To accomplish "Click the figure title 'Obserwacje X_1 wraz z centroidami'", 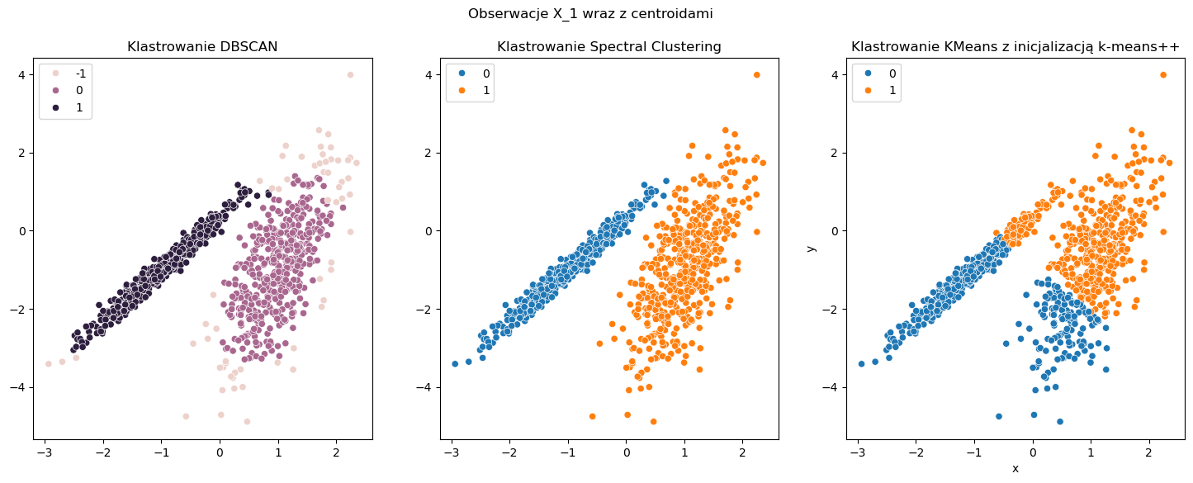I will click(x=590, y=14).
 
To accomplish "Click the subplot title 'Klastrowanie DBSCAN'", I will click(x=202, y=47).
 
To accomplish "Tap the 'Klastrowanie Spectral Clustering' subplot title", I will click(x=608, y=47).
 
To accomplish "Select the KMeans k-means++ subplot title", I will click(x=1015, y=47).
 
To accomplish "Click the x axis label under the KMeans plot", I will click(x=1015, y=468).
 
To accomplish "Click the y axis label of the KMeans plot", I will click(x=812, y=248).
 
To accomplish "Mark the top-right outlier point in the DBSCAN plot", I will click(x=350, y=74).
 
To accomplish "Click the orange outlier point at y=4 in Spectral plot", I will click(x=756, y=74).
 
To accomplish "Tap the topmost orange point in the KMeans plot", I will click(x=1163, y=74).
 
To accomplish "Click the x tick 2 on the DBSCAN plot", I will click(x=336, y=452).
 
